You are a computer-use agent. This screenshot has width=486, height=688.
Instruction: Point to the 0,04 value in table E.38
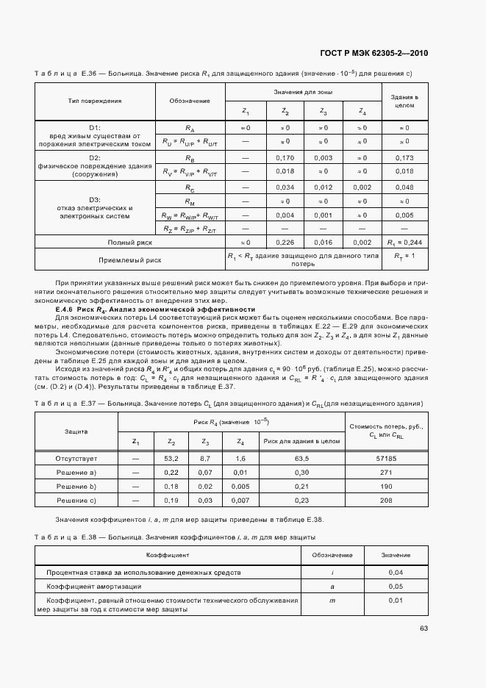[396, 571]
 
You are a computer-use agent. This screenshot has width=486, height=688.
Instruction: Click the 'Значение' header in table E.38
[396, 555]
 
